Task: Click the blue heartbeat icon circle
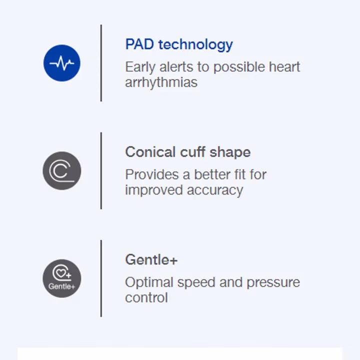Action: point(62,63)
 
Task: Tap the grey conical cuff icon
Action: point(62,171)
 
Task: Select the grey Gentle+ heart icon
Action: point(62,278)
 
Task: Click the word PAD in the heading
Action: point(139,44)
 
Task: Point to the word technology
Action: point(195,45)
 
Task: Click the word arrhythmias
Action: point(161,82)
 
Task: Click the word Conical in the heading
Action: point(150,152)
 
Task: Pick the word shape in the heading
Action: point(230,153)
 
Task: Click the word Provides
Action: point(152,174)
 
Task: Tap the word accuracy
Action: point(215,191)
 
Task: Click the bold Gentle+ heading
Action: point(151,259)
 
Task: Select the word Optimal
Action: point(149,283)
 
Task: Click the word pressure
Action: point(273,283)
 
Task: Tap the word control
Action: point(146,297)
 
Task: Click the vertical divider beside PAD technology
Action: point(101,63)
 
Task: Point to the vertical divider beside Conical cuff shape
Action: point(101,171)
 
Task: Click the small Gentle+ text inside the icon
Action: point(62,286)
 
